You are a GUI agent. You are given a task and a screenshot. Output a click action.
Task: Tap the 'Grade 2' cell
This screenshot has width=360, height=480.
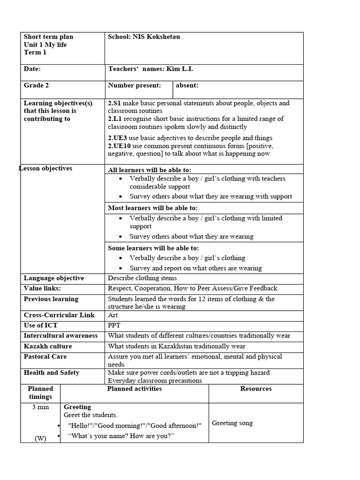click(36, 85)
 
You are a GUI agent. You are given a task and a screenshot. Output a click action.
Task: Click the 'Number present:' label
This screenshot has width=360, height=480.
click(134, 85)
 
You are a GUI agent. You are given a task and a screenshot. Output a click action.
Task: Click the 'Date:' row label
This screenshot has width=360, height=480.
click(32, 69)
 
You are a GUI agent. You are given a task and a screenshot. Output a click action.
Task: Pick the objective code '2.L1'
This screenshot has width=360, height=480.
click(115, 119)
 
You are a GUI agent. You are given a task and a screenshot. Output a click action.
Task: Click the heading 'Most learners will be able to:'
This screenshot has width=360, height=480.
click(153, 208)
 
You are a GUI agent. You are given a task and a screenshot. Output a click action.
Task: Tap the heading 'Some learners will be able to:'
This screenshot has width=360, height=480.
click(153, 248)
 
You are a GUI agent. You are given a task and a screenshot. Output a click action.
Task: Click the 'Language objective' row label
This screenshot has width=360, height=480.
click(54, 278)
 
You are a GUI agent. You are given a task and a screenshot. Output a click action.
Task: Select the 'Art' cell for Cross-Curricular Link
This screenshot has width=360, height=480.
click(113, 315)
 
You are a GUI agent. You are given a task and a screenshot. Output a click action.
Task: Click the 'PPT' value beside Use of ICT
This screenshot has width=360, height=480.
click(114, 325)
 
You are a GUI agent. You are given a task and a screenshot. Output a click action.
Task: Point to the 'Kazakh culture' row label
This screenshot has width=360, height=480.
click(48, 346)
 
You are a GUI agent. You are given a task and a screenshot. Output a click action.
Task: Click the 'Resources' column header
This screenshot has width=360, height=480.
click(255, 389)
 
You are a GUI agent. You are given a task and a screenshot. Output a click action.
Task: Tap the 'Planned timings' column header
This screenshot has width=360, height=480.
click(40, 392)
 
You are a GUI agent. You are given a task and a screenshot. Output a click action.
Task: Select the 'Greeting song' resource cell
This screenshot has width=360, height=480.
click(232, 423)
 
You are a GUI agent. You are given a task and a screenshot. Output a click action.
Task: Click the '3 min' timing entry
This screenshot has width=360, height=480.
click(40, 407)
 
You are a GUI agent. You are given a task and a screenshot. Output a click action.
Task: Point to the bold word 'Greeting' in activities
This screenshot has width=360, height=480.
click(77, 407)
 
